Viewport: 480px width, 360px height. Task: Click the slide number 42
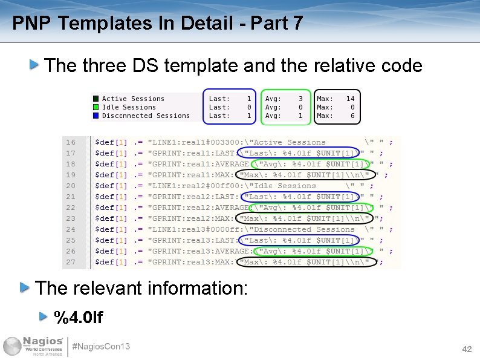(467, 350)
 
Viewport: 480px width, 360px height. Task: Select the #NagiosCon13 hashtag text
(101, 347)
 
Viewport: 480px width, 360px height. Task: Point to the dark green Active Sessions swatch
(96, 99)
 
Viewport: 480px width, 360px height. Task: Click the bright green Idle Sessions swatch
(96, 107)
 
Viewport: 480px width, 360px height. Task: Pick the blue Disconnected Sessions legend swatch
(96, 116)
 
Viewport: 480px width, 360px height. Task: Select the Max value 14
(350, 99)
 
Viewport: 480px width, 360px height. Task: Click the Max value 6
(352, 116)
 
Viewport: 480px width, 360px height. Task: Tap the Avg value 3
(300, 99)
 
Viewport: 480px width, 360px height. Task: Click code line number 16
(71, 142)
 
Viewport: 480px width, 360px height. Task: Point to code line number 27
(71, 262)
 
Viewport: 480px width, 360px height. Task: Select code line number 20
(71, 186)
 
